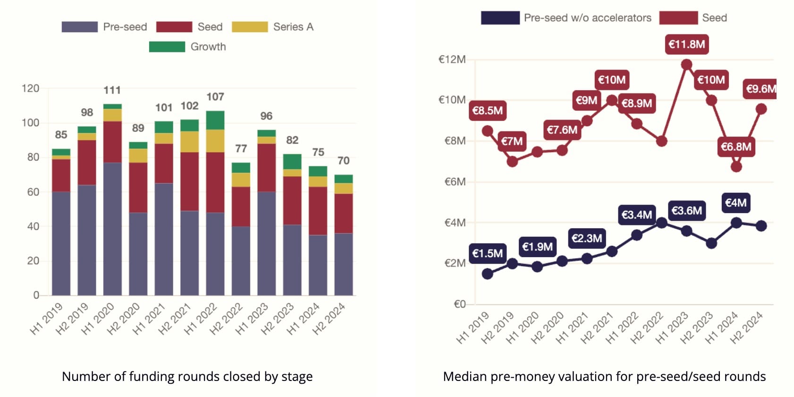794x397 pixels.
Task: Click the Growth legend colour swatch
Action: point(167,47)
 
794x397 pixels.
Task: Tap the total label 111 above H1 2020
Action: point(112,90)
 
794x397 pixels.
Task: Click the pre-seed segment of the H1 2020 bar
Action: point(112,229)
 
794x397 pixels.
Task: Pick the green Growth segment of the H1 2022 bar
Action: point(215,120)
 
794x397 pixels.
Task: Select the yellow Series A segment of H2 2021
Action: point(189,142)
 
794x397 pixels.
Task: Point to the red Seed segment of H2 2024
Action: point(343,213)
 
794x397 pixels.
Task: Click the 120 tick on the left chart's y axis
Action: point(30,88)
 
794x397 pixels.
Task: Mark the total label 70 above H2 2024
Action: point(343,161)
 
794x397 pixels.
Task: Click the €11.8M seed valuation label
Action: point(686,44)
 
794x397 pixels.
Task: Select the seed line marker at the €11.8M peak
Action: point(686,65)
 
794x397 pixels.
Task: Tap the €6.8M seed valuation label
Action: point(735,147)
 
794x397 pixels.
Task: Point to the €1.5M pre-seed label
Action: point(487,254)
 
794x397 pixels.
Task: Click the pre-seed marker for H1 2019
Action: point(487,274)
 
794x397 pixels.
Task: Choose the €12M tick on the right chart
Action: point(452,60)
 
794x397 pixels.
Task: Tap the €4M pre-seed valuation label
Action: point(735,203)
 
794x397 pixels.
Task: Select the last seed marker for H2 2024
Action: point(760,109)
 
